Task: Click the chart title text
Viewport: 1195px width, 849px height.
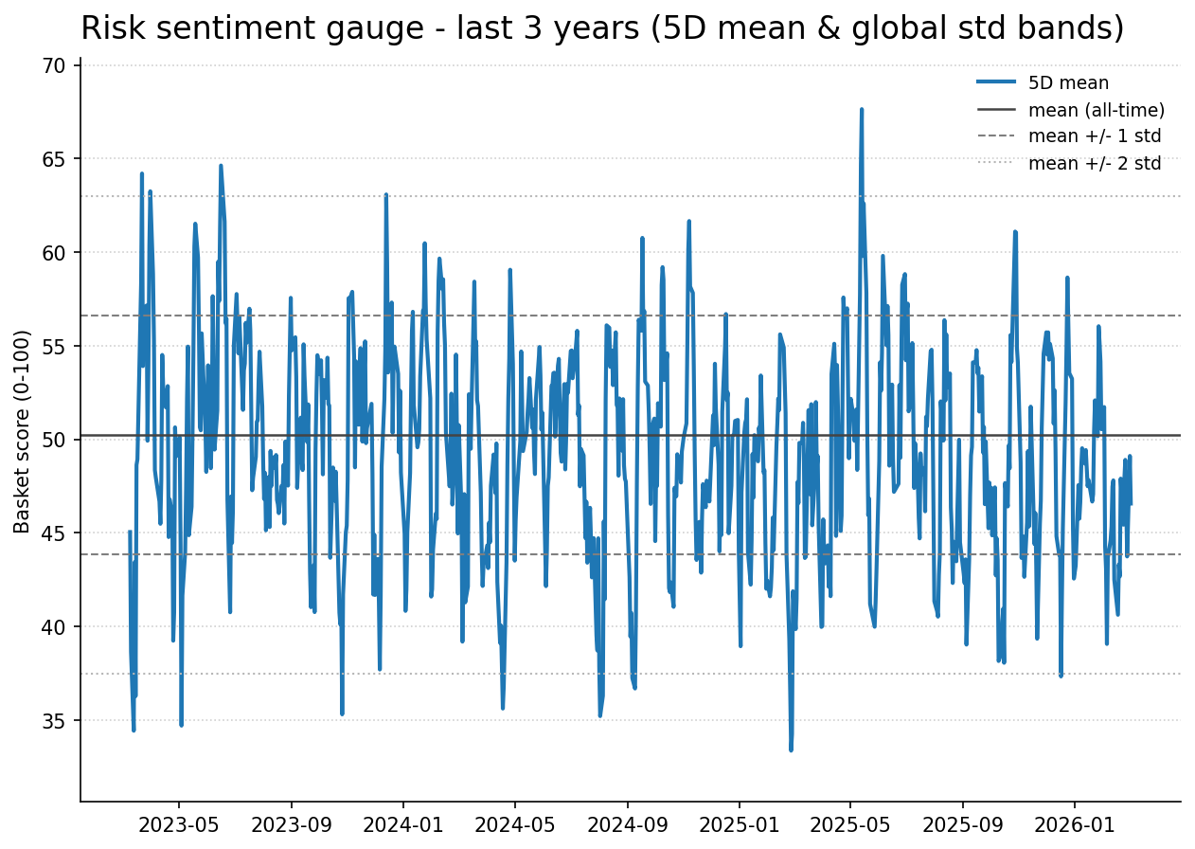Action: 602,28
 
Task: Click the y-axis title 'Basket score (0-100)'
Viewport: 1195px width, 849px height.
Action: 23,431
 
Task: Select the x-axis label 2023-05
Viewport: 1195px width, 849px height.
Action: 178,824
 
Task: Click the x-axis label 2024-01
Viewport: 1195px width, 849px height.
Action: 402,824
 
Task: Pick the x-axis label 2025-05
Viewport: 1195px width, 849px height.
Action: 850,824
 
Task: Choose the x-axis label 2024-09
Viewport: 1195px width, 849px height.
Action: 627,824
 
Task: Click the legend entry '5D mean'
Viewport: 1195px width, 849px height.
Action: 1068,83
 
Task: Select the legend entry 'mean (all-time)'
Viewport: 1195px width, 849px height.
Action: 1096,110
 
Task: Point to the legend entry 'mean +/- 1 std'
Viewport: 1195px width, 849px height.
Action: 1094,136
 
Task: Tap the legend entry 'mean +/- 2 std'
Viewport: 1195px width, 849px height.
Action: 1094,163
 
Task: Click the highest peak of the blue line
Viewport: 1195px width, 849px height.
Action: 862,109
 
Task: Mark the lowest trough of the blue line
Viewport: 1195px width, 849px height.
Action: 791,750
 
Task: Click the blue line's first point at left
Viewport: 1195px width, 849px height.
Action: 130,532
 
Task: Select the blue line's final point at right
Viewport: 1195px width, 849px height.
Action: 1131,504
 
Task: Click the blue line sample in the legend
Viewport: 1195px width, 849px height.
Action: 996,83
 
